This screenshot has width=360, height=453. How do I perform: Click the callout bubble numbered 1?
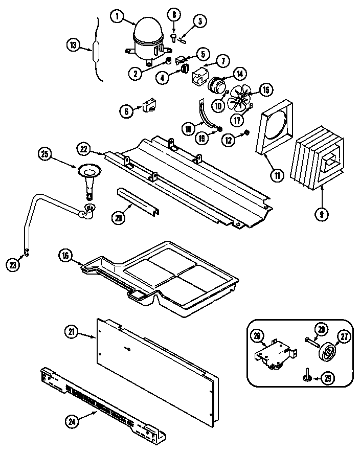coord(118,17)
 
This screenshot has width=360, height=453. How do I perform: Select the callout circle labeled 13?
coord(74,46)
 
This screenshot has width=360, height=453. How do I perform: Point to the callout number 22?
coord(84,150)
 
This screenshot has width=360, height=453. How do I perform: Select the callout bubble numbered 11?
coord(277,176)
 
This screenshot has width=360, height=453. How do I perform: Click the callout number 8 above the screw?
coord(173,15)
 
